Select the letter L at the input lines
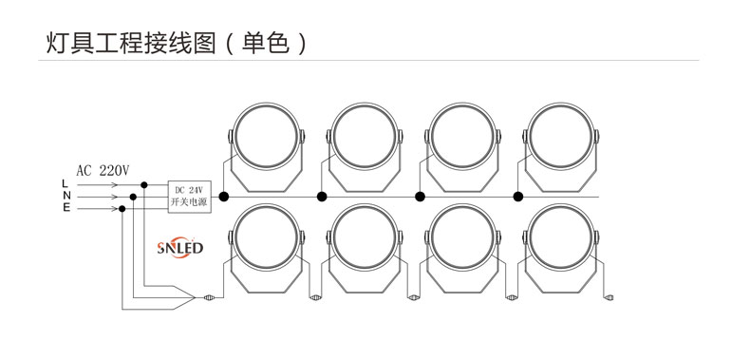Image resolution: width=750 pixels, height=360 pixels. click(x=65, y=182)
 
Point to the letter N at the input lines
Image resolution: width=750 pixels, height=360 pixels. click(x=65, y=197)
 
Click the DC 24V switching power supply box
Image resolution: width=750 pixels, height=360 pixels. click(x=190, y=197)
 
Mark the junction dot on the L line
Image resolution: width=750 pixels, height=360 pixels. click(x=144, y=184)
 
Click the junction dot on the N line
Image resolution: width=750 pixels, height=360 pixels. click(x=133, y=198)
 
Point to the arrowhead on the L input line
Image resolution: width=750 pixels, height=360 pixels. click(x=116, y=184)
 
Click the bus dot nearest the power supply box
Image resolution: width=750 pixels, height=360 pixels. click(x=223, y=197)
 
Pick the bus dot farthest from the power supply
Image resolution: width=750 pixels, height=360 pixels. click(x=518, y=197)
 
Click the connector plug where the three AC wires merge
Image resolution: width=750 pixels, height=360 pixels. click(x=208, y=297)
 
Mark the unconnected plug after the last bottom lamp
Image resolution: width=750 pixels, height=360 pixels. click(x=609, y=297)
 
